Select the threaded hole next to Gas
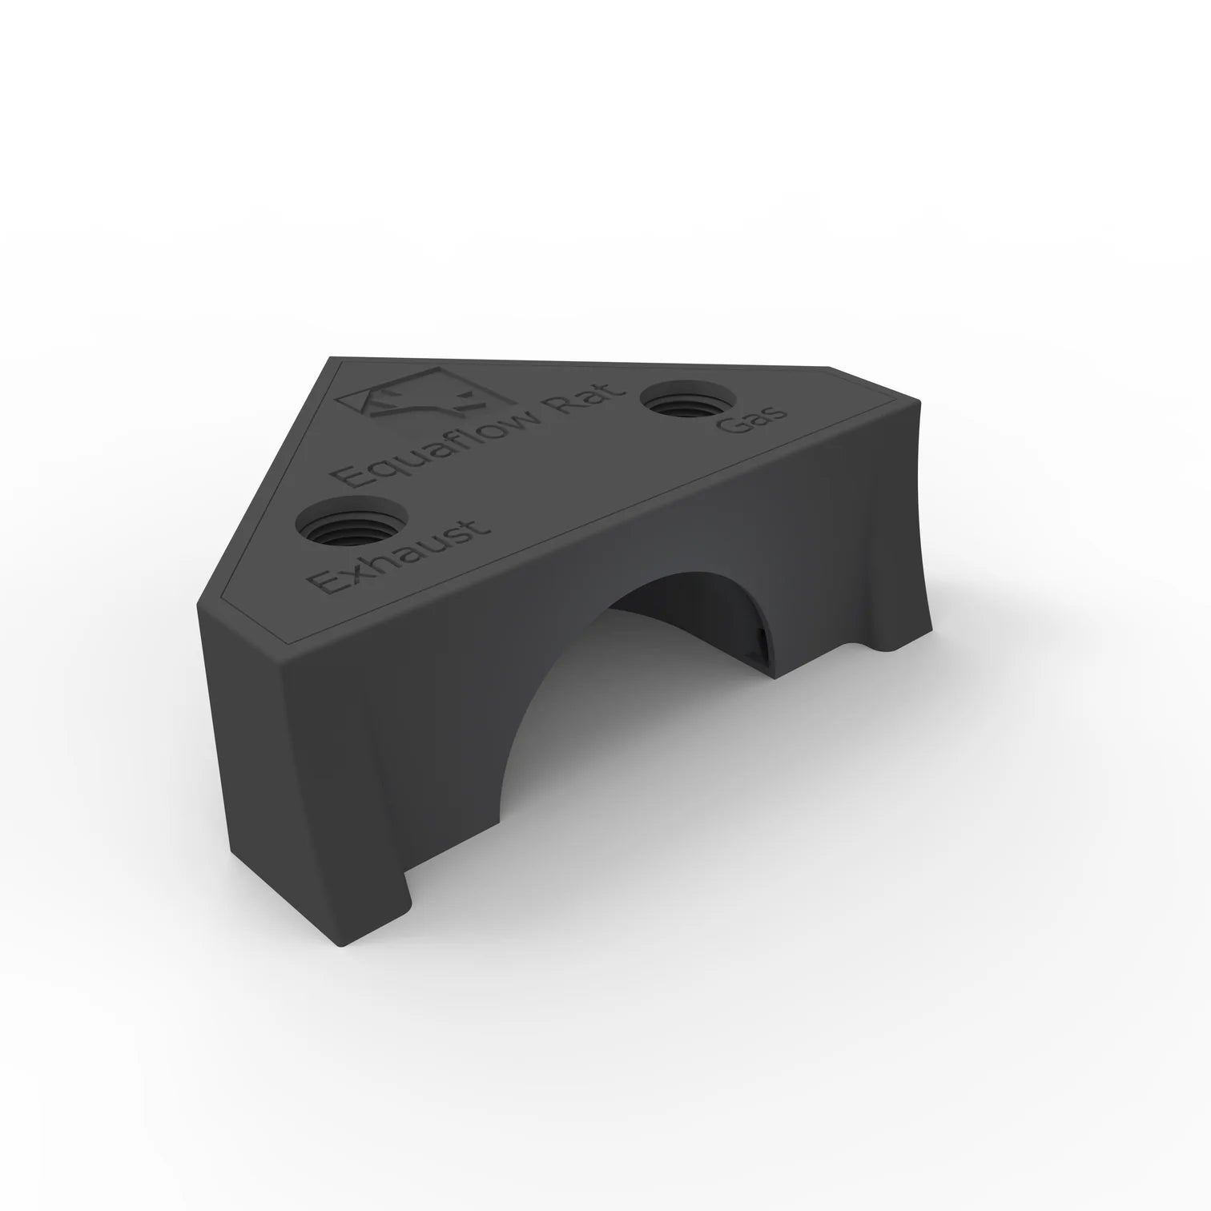[x=688, y=397]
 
